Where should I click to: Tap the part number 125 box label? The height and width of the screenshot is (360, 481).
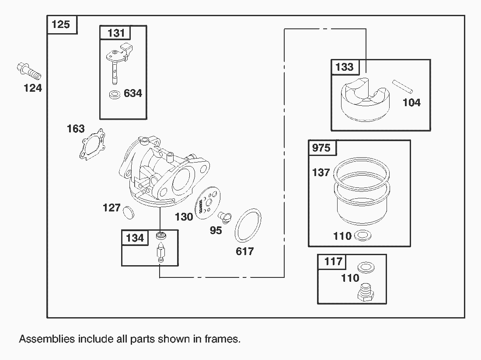tap(61, 24)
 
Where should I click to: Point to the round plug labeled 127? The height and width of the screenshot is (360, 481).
tap(128, 211)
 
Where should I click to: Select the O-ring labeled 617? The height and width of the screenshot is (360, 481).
tap(248, 225)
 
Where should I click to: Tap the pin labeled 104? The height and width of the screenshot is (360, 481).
tap(402, 86)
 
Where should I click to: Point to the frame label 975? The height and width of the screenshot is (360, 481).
tap(321, 148)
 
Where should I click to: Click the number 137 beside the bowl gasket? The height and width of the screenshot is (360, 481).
tap(321, 173)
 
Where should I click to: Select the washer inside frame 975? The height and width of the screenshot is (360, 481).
tap(362, 236)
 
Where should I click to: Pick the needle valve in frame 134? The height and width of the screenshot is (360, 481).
tap(161, 252)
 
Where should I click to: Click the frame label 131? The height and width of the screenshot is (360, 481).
tap(115, 33)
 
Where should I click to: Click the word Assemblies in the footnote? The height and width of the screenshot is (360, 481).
tap(46, 339)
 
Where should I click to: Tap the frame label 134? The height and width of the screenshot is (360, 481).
tap(135, 238)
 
